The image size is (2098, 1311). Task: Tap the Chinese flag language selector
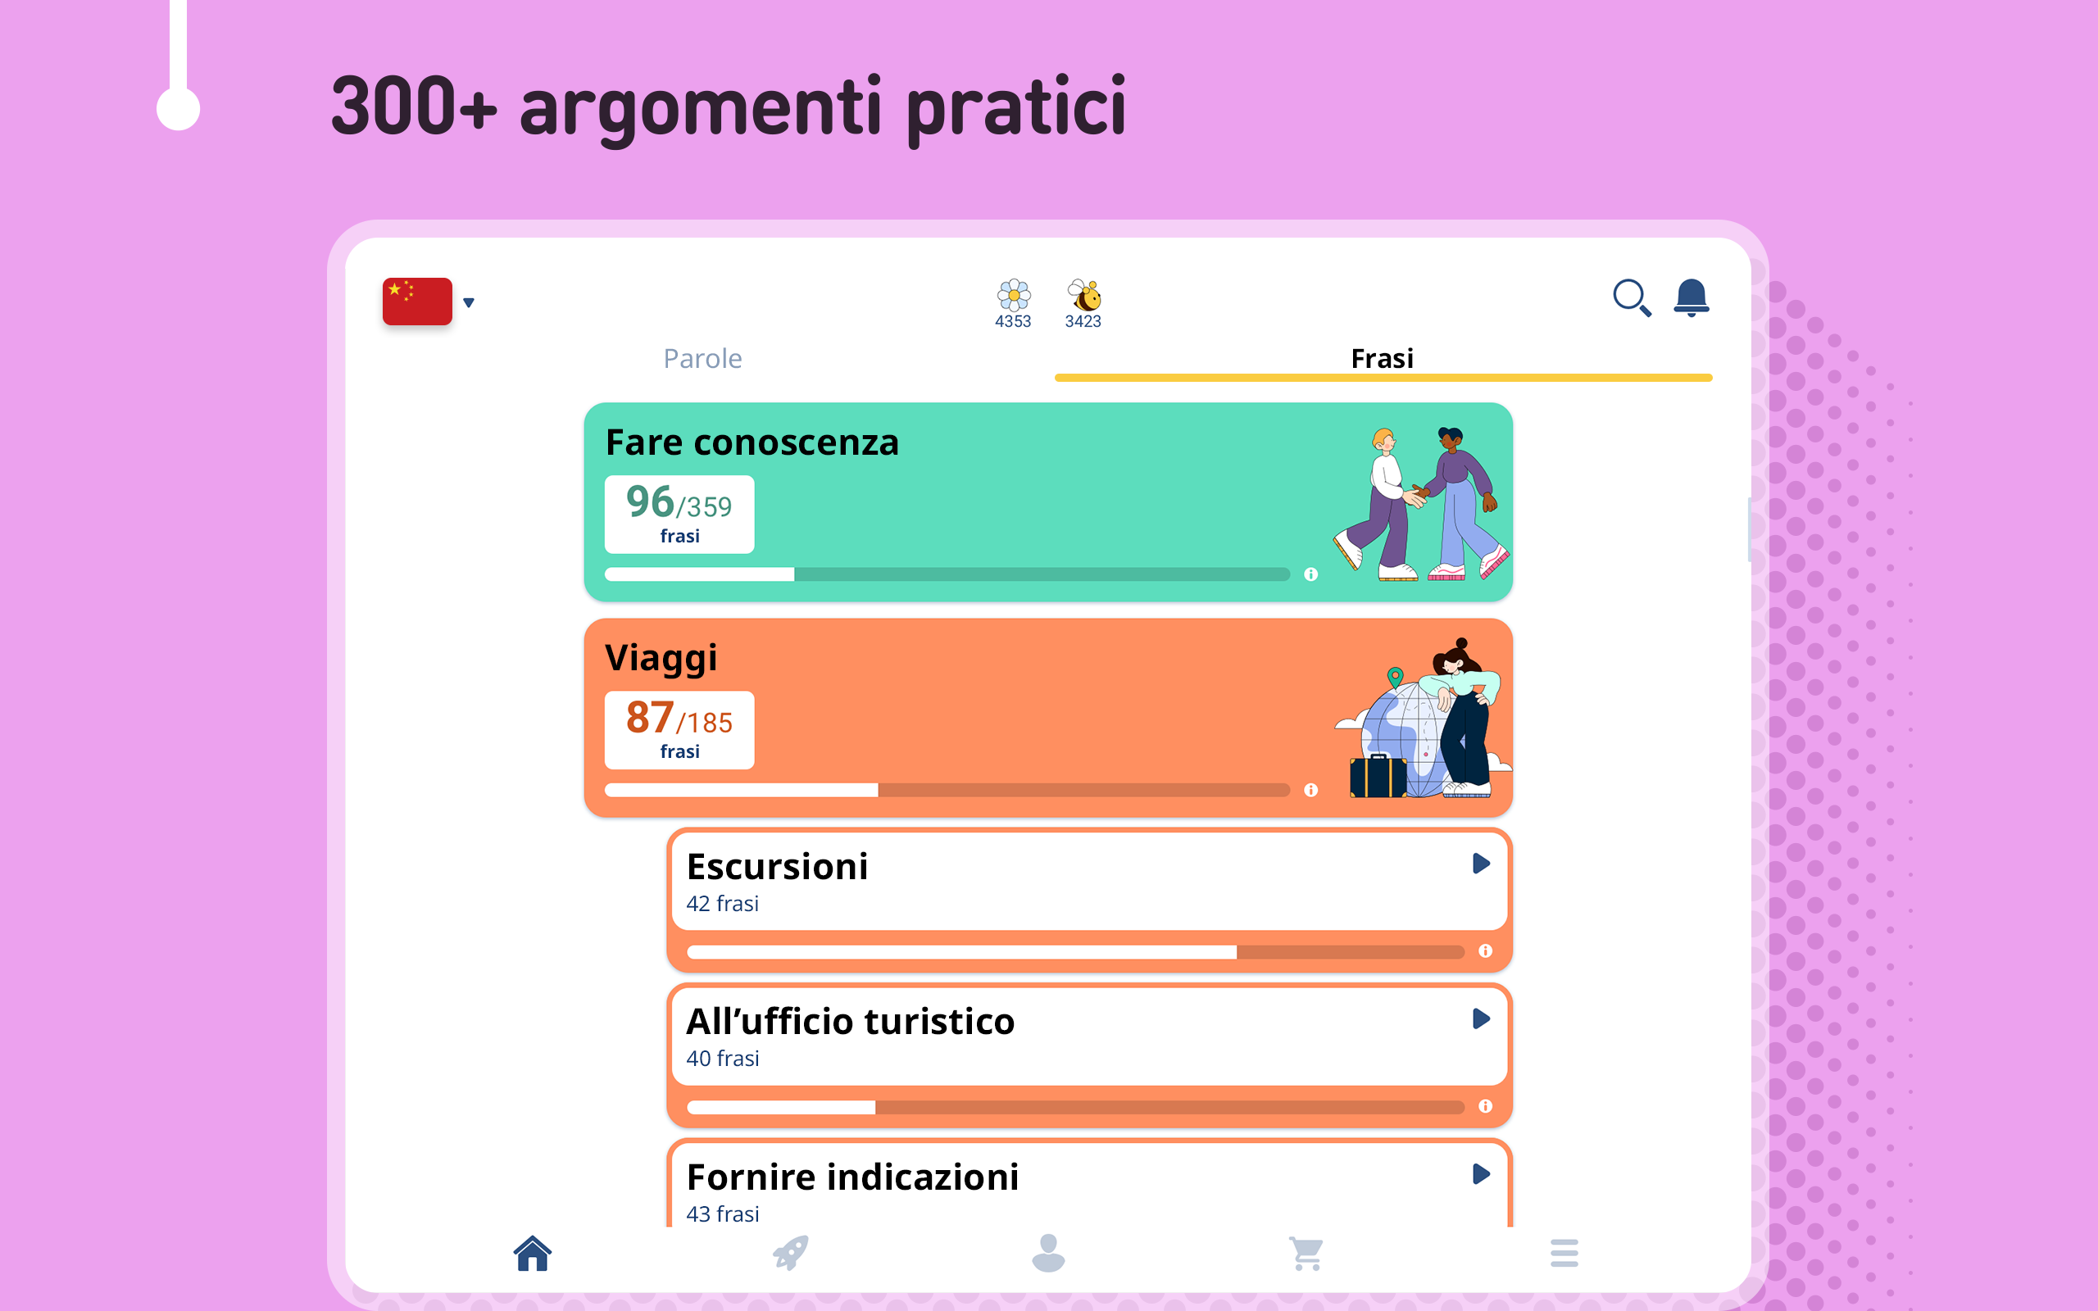(417, 301)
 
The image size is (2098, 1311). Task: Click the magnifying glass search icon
(1632, 297)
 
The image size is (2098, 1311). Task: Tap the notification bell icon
(1691, 297)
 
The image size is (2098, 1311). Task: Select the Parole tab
(702, 358)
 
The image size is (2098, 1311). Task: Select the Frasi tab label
(1382, 358)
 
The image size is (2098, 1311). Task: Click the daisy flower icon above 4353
(1014, 295)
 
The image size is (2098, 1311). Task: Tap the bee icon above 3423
(1083, 295)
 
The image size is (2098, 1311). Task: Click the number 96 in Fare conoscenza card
(650, 501)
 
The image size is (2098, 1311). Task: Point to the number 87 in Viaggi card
(650, 717)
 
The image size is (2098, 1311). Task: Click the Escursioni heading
(777, 866)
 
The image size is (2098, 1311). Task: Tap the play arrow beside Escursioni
(1481, 864)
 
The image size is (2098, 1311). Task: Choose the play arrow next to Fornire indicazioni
(1481, 1174)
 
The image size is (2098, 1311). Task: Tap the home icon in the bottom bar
(533, 1253)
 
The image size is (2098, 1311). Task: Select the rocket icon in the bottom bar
(791, 1253)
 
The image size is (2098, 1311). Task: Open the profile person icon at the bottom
(1048, 1253)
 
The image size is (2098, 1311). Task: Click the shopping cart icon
(1306, 1254)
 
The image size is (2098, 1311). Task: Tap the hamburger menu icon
(1564, 1253)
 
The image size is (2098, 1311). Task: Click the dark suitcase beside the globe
(1378, 775)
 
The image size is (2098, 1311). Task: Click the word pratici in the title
(1016, 108)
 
